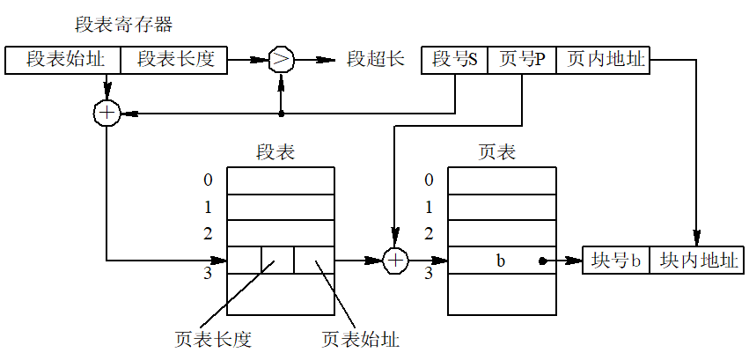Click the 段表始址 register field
click(62, 60)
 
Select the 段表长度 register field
click(174, 60)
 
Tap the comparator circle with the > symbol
click(281, 60)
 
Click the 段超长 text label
click(376, 60)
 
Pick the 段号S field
click(454, 60)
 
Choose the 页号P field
click(522, 60)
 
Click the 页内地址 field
click(603, 60)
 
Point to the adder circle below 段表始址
click(106, 114)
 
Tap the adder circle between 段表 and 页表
click(396, 261)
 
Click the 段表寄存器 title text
click(124, 25)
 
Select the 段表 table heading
click(275, 152)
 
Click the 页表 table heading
click(497, 152)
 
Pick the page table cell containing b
click(502, 261)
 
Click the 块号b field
click(616, 261)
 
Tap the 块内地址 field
click(697, 261)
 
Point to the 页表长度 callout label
click(213, 340)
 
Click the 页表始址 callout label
click(361, 340)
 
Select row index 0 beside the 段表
click(208, 180)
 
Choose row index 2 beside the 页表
click(429, 234)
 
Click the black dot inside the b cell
click(541, 261)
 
